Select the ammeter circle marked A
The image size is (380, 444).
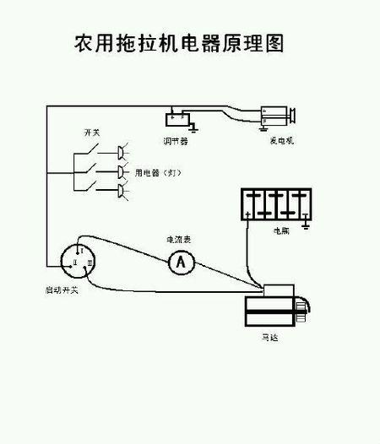(x=180, y=263)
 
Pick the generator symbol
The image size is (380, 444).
(x=277, y=117)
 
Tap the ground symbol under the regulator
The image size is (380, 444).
(x=194, y=128)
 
